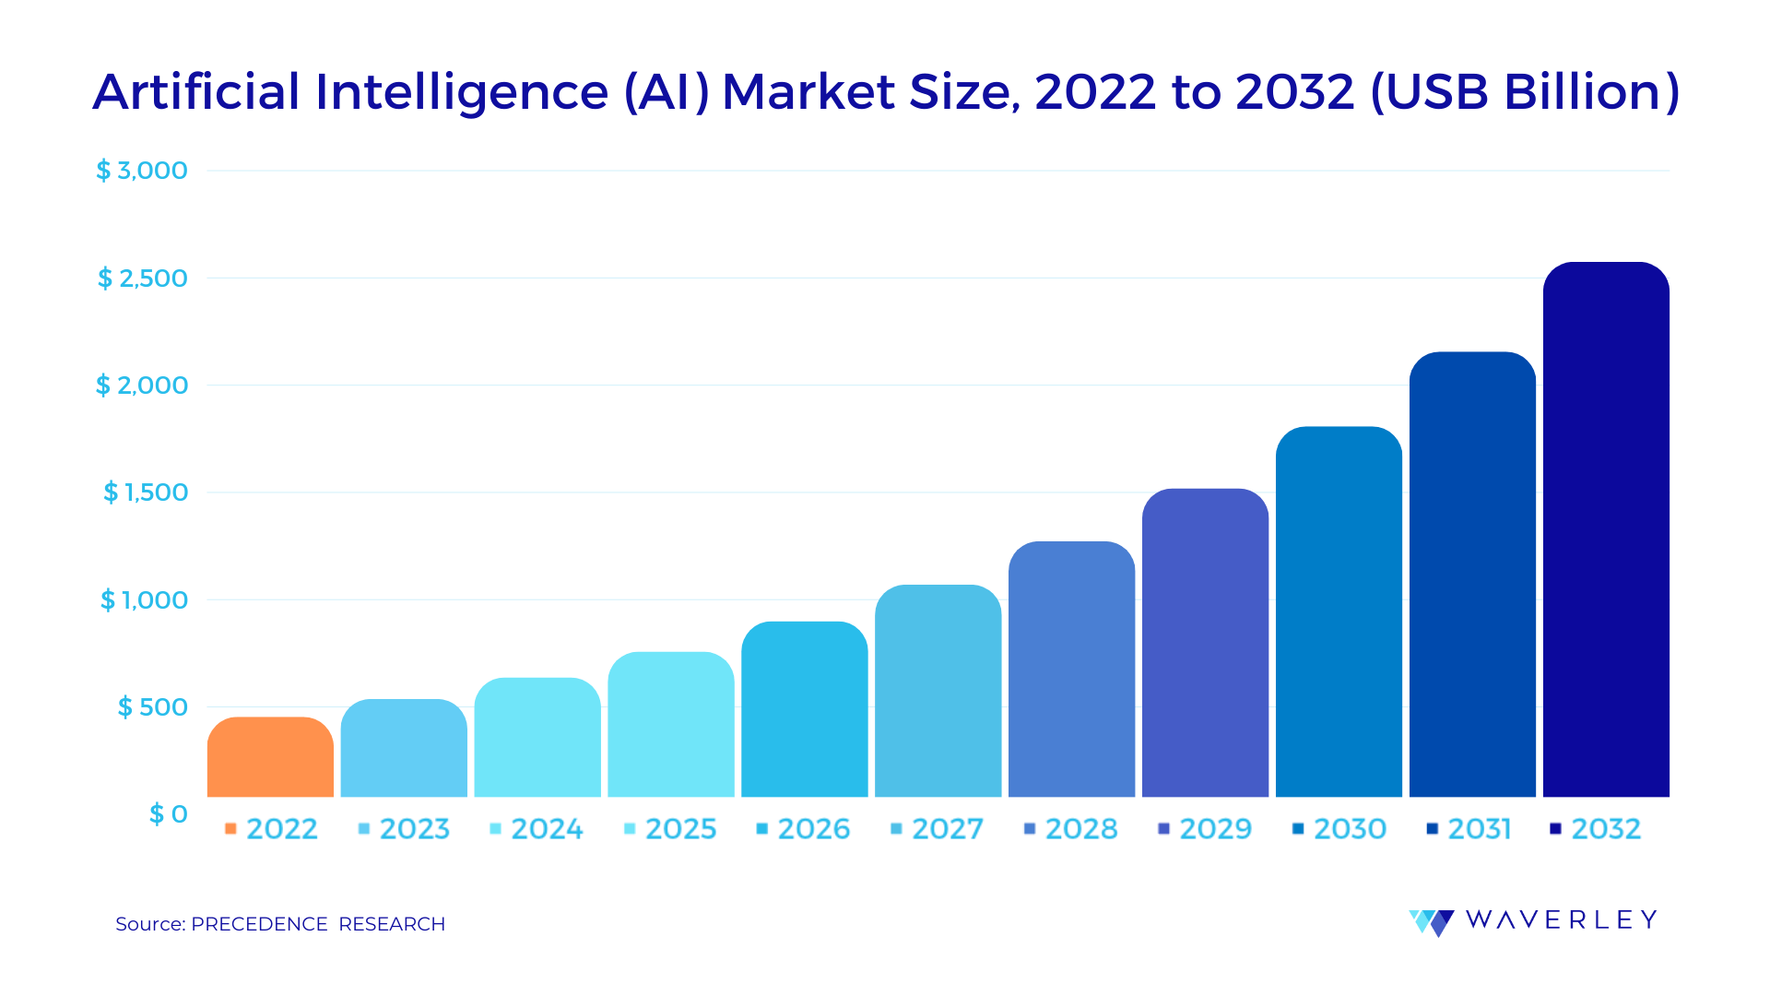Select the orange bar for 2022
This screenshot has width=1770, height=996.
tap(270, 758)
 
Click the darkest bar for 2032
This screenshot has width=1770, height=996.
tap(1606, 530)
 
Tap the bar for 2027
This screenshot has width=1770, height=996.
tap(938, 692)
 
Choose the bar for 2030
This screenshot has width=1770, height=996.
tap(1339, 612)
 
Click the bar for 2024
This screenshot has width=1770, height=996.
tap(537, 738)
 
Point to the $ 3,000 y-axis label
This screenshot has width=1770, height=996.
tap(142, 171)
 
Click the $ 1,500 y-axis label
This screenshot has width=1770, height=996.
tap(146, 492)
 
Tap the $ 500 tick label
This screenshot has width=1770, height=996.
tap(152, 707)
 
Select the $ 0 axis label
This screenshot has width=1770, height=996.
tap(168, 814)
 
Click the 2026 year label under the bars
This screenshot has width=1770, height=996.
tap(813, 829)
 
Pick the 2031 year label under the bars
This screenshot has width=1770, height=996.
tap(1479, 829)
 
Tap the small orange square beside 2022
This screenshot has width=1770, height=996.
tap(230, 829)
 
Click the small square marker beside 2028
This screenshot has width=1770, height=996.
tap(1030, 829)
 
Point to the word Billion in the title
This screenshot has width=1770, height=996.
tap(1582, 92)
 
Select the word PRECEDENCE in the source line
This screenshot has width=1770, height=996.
tap(259, 924)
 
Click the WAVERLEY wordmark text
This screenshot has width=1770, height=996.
tap(1561, 919)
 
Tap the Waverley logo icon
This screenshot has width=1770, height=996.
tap(1431, 921)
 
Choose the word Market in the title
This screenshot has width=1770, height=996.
tap(808, 92)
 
